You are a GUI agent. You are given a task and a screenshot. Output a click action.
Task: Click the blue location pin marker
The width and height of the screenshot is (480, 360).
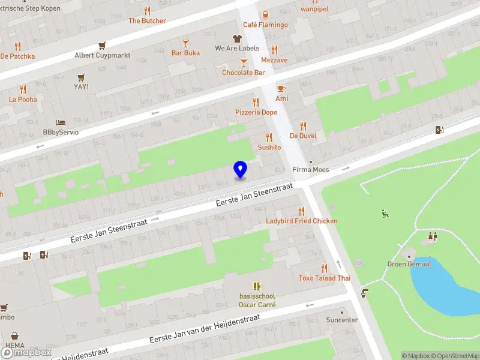[x=240, y=169]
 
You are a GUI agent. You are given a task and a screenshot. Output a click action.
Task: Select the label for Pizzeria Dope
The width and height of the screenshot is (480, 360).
[x=256, y=112]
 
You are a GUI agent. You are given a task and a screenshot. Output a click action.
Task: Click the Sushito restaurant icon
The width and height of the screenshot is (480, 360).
[x=269, y=137]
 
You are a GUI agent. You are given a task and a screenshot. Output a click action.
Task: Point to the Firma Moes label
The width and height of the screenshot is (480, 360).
[x=310, y=170]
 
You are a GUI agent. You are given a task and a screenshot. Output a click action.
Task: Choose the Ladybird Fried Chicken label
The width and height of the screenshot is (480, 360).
[x=302, y=221]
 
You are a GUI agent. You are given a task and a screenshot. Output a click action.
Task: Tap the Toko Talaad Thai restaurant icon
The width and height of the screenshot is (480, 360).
[x=325, y=268]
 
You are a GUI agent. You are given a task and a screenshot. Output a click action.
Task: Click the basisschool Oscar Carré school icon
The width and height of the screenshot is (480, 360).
[x=257, y=286]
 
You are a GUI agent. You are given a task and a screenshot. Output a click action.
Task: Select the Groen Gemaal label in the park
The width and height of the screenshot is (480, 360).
[x=409, y=263]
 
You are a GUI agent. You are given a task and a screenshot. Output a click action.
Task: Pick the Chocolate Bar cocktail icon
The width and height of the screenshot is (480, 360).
[x=244, y=62]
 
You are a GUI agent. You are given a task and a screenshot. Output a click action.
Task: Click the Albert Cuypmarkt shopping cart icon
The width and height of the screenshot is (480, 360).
[x=103, y=46]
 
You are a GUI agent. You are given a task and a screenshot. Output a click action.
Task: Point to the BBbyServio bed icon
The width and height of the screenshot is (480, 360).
[x=61, y=122]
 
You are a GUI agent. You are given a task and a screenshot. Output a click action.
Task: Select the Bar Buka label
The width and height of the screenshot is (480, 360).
[x=185, y=53]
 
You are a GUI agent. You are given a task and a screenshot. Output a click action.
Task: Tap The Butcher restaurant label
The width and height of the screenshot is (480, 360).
[x=147, y=20]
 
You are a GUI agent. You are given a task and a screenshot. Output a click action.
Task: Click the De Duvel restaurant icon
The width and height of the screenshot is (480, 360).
[x=303, y=126]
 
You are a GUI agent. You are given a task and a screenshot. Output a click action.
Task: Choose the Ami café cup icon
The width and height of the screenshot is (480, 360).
[x=281, y=88]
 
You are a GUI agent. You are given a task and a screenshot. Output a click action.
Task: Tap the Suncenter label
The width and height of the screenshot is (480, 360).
[x=341, y=320]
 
